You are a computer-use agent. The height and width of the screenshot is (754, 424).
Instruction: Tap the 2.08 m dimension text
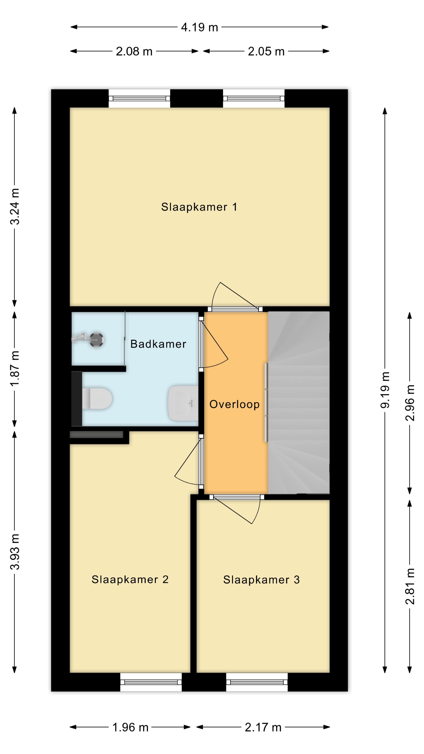tap(134, 51)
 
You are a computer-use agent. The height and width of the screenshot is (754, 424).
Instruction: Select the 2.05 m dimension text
tap(266, 51)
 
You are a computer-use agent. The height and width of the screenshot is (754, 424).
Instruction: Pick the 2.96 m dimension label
tap(410, 403)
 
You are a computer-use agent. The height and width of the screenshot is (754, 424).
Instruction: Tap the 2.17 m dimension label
tap(263, 727)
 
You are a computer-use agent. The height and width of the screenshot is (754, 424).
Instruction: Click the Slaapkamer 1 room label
tap(199, 207)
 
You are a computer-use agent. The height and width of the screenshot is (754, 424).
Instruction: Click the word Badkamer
tap(158, 344)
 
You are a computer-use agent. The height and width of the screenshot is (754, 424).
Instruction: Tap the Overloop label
tap(234, 404)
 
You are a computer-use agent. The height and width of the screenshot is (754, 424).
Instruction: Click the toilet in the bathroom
tap(97, 398)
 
